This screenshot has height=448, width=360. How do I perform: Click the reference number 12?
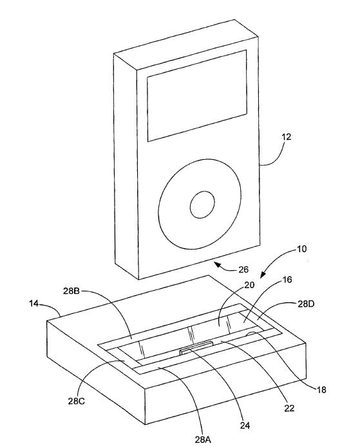(x=287, y=137)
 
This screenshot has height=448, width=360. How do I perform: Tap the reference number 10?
(x=301, y=249)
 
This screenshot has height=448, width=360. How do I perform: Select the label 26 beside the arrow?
(x=243, y=269)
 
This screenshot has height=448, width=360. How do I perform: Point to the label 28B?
(x=71, y=291)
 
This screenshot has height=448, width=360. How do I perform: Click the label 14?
(x=33, y=304)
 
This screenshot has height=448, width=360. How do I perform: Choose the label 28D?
(x=306, y=304)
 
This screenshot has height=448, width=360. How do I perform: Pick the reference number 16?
(x=287, y=279)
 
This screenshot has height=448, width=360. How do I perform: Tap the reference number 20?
(x=249, y=285)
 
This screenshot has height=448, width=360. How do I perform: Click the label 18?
(x=321, y=390)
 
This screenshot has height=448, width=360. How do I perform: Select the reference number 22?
(x=289, y=408)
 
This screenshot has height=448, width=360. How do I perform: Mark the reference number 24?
(x=245, y=425)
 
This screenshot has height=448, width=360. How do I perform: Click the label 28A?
(x=203, y=440)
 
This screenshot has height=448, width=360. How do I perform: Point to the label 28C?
(x=76, y=401)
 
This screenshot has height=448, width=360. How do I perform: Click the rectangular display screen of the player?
(x=196, y=95)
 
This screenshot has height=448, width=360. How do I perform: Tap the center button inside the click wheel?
(x=202, y=204)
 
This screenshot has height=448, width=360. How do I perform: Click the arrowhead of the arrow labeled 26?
(x=218, y=265)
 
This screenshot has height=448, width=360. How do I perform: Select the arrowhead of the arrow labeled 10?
(x=262, y=275)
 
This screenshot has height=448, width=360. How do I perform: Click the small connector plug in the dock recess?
(x=196, y=347)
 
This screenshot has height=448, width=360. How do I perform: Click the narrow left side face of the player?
(x=126, y=166)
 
